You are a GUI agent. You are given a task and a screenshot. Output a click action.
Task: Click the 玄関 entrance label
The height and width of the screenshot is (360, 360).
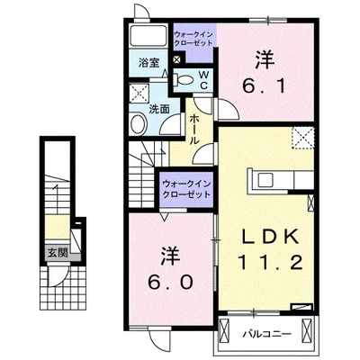pyautogui.click(x=58, y=254)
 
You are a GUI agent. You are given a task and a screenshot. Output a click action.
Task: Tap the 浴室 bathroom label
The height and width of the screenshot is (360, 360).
pyautogui.click(x=148, y=63)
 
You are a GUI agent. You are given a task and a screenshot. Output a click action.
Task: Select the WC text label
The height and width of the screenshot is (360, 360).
pyautogui.click(x=203, y=79)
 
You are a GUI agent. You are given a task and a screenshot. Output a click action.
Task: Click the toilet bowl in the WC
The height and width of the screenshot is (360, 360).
pyautogui.click(x=184, y=79)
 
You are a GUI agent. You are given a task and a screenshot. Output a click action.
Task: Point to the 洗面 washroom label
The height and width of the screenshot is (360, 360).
pyautogui.click(x=159, y=110)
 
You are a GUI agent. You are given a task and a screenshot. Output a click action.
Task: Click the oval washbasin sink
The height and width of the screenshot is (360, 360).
pyautogui.click(x=138, y=123)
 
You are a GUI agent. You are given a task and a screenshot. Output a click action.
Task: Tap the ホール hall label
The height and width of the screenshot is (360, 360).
pyautogui.click(x=193, y=130)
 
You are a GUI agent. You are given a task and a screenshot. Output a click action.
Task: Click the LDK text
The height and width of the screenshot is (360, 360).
pyautogui.click(x=271, y=236)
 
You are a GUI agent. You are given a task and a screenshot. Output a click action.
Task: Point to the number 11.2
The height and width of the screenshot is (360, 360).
pyautogui.click(x=270, y=263)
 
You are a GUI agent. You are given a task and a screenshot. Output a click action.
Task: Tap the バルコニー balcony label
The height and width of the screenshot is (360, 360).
pyautogui.click(x=267, y=334)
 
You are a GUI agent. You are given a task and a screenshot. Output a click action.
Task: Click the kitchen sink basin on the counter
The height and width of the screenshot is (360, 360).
pyautogui.click(x=265, y=181)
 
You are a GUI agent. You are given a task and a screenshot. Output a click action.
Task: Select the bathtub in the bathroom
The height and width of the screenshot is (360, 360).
pyautogui.click(x=148, y=36)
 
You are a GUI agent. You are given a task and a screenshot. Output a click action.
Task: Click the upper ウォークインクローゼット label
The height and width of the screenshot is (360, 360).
pyautogui.click(x=193, y=39)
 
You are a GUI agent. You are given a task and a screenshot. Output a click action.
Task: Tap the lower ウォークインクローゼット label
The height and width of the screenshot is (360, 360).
pyautogui.click(x=186, y=189)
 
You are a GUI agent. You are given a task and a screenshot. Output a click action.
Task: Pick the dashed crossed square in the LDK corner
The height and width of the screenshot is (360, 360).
pyautogui.click(x=303, y=138)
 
